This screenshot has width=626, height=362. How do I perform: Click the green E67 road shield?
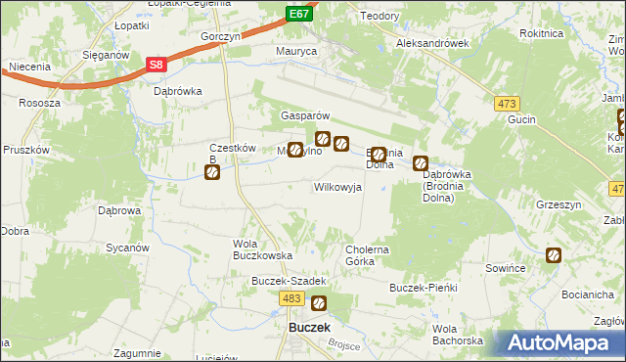(x=299, y=14)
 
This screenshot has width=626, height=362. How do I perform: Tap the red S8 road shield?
(x=156, y=65)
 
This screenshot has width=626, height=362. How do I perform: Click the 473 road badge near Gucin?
(x=506, y=103)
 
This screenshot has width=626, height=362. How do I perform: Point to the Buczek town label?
(x=309, y=328)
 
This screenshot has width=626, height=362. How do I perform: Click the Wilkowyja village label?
(x=337, y=186)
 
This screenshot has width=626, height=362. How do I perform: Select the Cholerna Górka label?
(x=368, y=255)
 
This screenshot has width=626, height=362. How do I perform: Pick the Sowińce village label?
(x=507, y=267)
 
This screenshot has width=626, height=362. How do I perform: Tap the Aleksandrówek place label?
(x=432, y=44)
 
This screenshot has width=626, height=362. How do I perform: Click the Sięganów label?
(x=106, y=56)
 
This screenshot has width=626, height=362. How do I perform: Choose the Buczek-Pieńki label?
(x=424, y=289)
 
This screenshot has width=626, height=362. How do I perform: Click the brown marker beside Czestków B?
(x=211, y=173)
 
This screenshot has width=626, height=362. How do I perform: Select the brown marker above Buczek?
(x=318, y=303)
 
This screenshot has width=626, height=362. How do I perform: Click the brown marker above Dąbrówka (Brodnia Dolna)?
(x=421, y=163)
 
